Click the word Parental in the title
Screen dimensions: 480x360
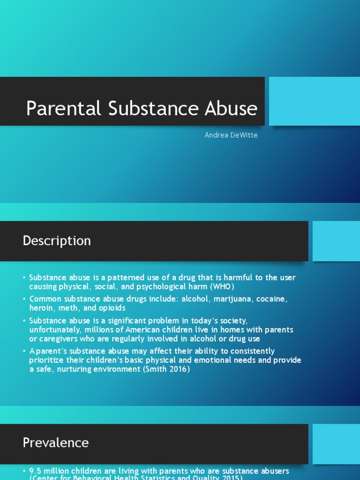point(63,108)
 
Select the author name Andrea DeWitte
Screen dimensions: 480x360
point(231,135)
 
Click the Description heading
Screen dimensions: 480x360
point(57,241)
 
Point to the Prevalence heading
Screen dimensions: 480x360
point(55,443)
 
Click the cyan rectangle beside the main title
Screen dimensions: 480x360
point(314,101)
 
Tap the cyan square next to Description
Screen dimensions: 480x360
point(336,241)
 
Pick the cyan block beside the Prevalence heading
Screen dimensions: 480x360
point(336,443)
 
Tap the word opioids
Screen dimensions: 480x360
point(111,308)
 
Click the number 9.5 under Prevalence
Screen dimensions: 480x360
point(35,471)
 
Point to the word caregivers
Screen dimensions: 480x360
point(60,338)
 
